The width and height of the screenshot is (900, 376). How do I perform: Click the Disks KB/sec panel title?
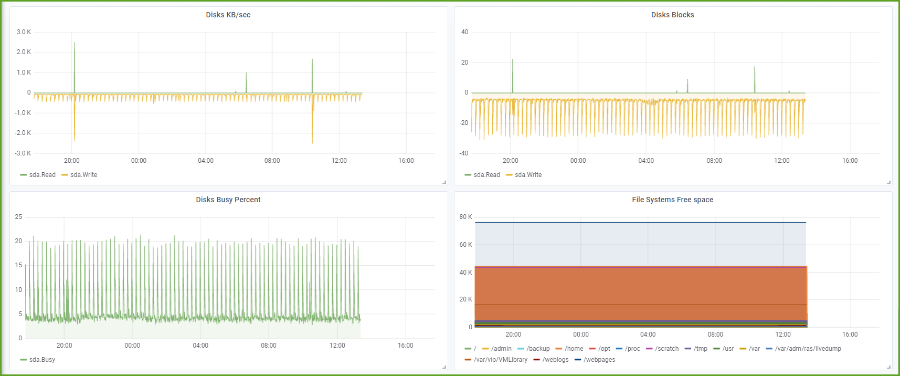228,15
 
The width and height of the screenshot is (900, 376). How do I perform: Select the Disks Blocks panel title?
672,15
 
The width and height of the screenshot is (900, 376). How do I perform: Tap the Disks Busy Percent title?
228,200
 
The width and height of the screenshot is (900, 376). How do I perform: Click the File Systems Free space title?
672,200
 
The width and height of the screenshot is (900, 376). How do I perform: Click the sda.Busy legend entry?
42,360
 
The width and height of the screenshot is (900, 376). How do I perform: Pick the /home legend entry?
574,349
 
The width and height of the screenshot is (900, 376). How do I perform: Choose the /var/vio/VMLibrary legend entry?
500,360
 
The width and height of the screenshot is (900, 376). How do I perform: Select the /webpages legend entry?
599,360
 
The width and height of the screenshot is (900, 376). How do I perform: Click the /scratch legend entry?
666,349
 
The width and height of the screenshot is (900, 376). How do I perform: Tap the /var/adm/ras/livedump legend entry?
808,349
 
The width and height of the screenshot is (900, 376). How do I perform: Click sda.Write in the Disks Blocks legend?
528,175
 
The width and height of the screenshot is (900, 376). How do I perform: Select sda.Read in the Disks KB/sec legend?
42,175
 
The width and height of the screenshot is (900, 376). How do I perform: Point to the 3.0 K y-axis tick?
24,32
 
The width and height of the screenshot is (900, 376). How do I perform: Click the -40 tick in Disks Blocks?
463,153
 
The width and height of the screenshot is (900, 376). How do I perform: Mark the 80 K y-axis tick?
465,217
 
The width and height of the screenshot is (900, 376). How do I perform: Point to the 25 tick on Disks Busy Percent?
19,217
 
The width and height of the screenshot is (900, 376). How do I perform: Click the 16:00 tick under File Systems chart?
850,335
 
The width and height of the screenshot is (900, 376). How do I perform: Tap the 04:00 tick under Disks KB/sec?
206,161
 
